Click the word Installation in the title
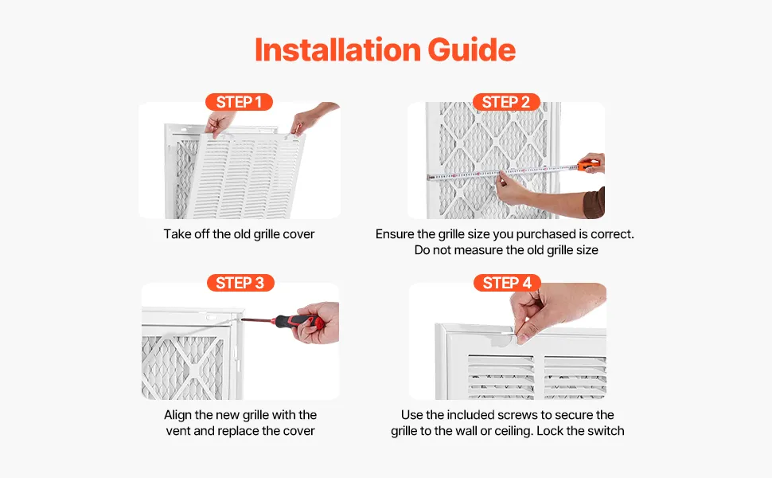tap(337, 49)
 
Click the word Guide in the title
tap(472, 49)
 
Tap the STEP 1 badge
tap(239, 102)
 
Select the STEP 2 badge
tap(506, 102)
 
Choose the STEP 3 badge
tap(240, 283)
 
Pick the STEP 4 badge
tap(507, 283)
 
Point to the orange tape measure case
tap(587, 166)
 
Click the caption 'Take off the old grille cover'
tap(240, 234)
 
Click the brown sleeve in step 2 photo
tap(595, 203)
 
